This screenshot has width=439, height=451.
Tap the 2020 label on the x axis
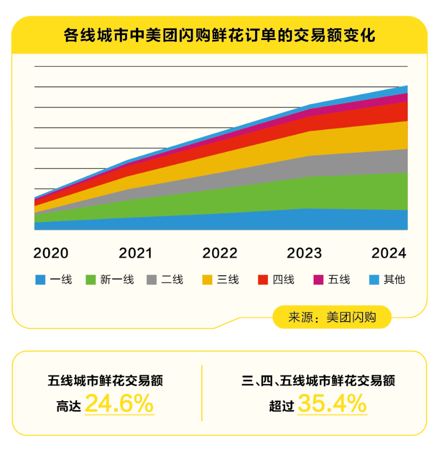tap(51, 253)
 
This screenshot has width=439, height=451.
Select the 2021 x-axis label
tap(136, 253)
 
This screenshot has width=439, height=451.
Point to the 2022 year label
tap(220, 253)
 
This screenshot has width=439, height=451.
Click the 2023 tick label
tap(305, 253)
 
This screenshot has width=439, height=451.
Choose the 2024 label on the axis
tap(389, 253)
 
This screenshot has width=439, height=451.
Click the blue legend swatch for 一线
tap(40, 280)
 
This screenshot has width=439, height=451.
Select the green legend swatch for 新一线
tap(91, 280)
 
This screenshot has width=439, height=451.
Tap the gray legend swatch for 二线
tap(152, 280)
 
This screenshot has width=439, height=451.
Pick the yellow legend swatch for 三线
tap(207, 280)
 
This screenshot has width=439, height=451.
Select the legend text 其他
tap(395, 280)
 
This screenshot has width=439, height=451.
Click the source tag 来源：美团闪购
tap(332, 317)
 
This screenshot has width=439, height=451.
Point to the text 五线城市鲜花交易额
tap(105, 380)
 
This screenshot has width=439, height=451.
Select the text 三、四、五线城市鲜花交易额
tap(318, 380)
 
